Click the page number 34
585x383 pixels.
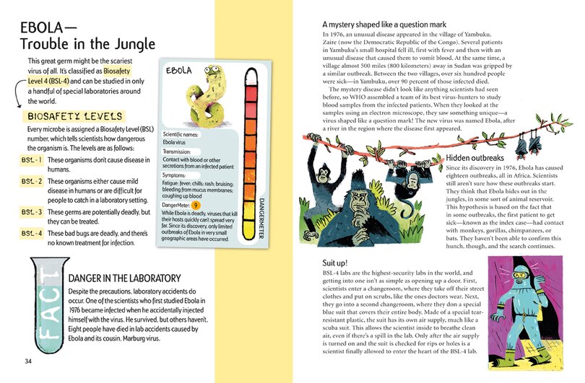(29, 361)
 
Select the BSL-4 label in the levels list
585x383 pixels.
(31, 234)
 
